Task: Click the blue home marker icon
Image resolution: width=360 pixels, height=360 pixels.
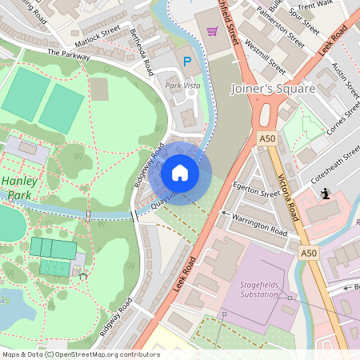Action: point(180,172)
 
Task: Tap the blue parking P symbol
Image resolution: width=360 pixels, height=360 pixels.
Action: point(188,62)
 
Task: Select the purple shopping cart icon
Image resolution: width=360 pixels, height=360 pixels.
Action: point(212,31)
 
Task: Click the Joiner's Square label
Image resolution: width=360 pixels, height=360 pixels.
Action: point(273,88)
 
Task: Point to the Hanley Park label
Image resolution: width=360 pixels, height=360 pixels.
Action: point(19,187)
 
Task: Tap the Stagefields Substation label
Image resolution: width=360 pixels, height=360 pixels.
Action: point(259,289)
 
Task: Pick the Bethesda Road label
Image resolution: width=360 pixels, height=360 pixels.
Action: point(142,52)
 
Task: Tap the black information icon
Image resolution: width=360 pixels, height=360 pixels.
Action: point(326,194)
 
